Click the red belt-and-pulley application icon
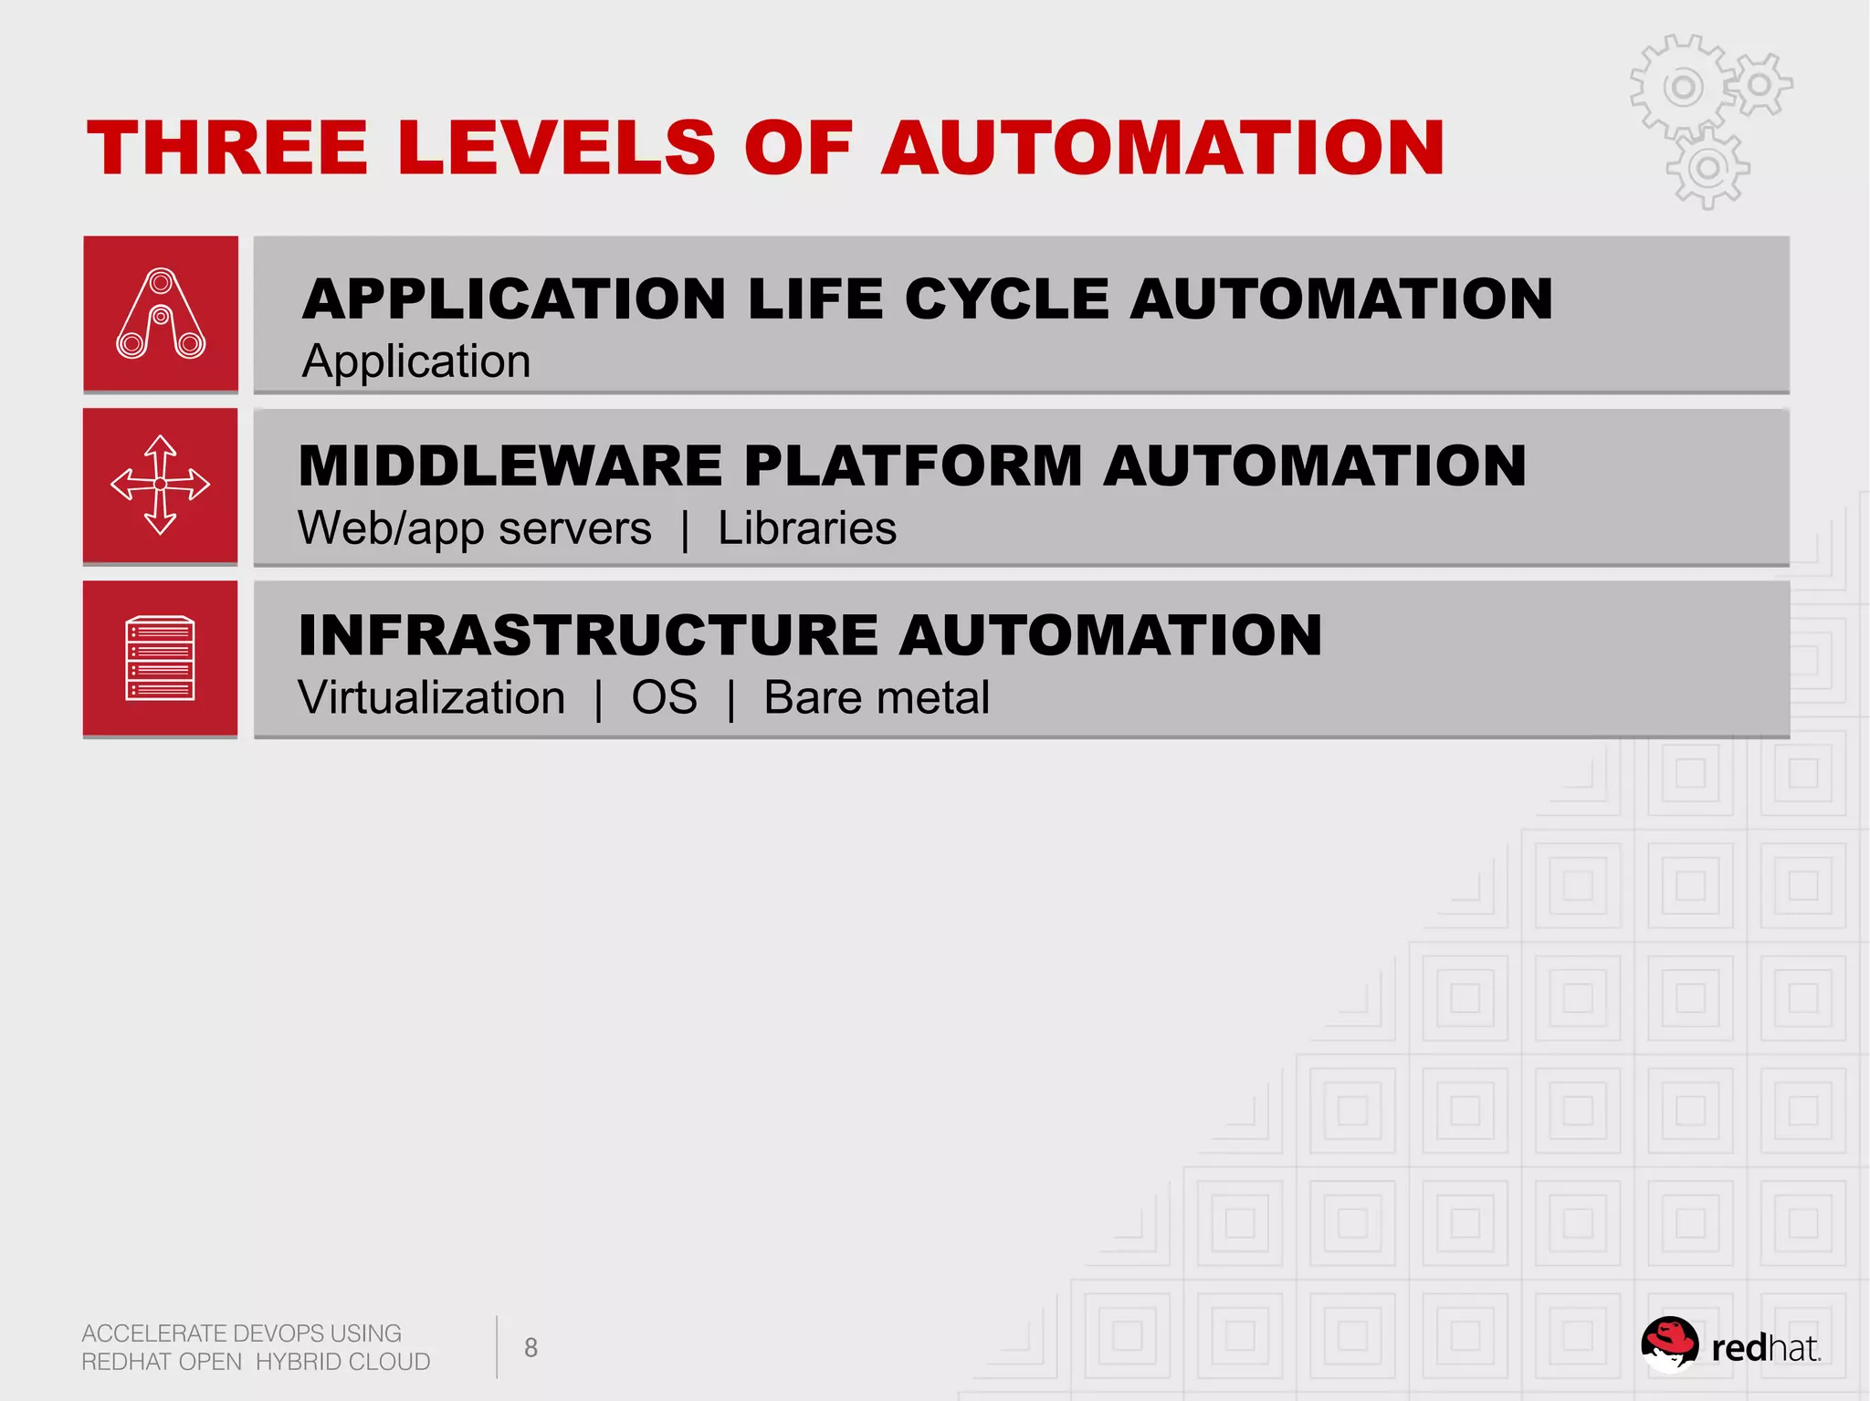pyautogui.click(x=161, y=313)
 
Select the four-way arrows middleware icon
pyautogui.click(x=160, y=485)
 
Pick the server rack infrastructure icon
pyautogui.click(x=160, y=658)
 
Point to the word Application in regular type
pyautogui.click(x=416, y=361)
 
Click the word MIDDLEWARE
pyautogui.click(x=510, y=465)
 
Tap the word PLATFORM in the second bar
pyautogui.click(x=913, y=465)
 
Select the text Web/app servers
pyautogui.click(x=475, y=528)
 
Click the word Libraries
pyautogui.click(x=807, y=528)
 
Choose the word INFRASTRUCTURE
pyautogui.click(x=585, y=634)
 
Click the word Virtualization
pyautogui.click(x=432, y=698)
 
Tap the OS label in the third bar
pyautogui.click(x=664, y=698)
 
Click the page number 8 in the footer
pyautogui.click(x=531, y=1347)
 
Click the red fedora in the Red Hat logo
pyautogui.click(x=1669, y=1340)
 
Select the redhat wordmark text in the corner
pyautogui.click(x=1765, y=1349)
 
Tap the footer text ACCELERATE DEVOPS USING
pyautogui.click(x=242, y=1333)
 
